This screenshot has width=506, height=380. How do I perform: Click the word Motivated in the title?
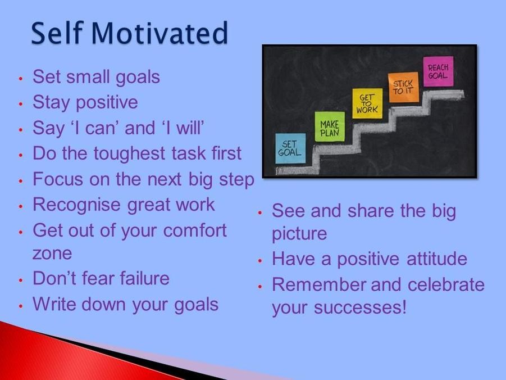pyautogui.click(x=159, y=33)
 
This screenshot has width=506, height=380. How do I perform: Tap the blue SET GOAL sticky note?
pyautogui.click(x=290, y=148)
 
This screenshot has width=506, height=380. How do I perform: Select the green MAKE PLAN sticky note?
pyautogui.click(x=330, y=126)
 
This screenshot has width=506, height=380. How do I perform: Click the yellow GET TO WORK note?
pyautogui.click(x=367, y=103)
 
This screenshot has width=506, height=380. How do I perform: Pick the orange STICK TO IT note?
pyautogui.click(x=403, y=87)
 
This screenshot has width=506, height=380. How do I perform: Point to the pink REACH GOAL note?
pyautogui.click(x=438, y=71)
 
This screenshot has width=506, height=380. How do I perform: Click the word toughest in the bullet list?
pyautogui.click(x=129, y=154)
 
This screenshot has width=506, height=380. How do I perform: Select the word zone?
pyautogui.click(x=52, y=254)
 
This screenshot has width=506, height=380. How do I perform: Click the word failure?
pyautogui.click(x=144, y=278)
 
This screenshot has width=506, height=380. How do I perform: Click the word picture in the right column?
pyautogui.click(x=299, y=234)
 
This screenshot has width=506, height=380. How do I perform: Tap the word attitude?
pyautogui.click(x=436, y=259)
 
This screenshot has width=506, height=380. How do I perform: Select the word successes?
pyautogui.click(x=360, y=307)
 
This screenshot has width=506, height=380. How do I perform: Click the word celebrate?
pyautogui.click(x=446, y=284)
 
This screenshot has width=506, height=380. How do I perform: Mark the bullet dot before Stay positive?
pyautogui.click(x=21, y=104)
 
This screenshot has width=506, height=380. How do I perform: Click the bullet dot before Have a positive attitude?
pyautogui.click(x=260, y=260)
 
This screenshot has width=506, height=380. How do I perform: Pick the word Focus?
pyautogui.click(x=58, y=179)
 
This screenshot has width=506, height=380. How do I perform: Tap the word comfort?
pyautogui.click(x=194, y=230)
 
